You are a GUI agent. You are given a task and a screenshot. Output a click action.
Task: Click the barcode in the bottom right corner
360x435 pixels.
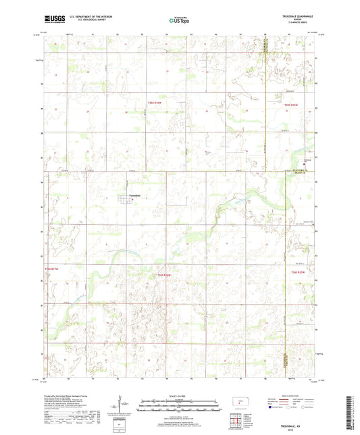349,413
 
